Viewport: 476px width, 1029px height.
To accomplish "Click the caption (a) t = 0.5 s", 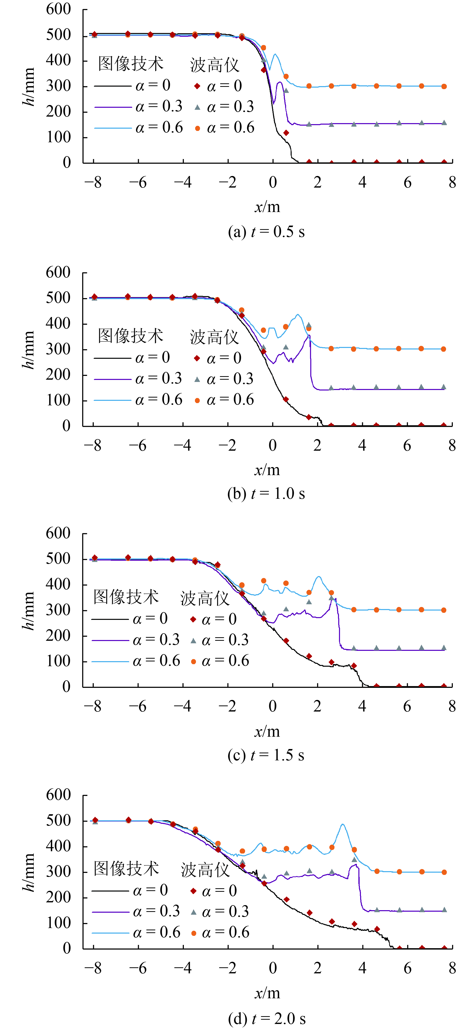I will [x=266, y=232].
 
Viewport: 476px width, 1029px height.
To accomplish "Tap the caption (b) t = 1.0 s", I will [x=266, y=494].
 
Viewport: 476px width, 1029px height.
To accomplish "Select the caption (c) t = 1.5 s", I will [x=266, y=755].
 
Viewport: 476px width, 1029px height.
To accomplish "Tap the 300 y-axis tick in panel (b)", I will [x=58, y=349].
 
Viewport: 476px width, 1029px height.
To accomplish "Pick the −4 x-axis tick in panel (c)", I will [x=183, y=706].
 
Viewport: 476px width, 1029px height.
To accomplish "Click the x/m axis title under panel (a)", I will [x=267, y=207].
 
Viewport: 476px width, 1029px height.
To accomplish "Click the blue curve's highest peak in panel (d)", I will [x=343, y=824].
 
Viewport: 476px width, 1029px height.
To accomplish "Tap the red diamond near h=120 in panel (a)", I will [x=286, y=133].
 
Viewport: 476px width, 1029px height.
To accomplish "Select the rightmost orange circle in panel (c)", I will [x=444, y=610].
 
